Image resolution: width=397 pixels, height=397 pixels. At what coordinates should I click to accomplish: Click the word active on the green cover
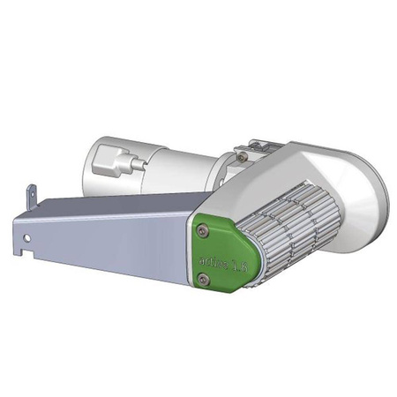pos(213,262)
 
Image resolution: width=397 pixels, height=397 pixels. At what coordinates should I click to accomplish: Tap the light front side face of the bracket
pos(106,247)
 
